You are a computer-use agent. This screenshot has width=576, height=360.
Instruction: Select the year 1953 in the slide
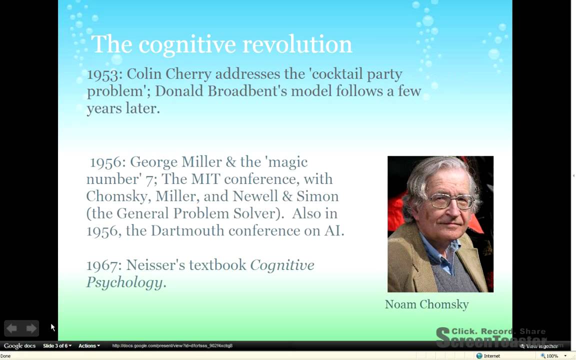pos(104,74)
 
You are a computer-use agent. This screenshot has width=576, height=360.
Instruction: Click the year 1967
pos(103,265)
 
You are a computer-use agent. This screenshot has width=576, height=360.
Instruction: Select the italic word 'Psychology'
pos(124,282)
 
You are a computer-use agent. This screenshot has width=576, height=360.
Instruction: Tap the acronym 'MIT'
pos(205,179)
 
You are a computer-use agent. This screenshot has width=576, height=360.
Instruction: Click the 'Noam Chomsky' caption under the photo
pos(426,304)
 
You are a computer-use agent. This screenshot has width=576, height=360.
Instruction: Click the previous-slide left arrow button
pos(12,328)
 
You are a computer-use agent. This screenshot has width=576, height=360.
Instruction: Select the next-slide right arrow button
pos(31,328)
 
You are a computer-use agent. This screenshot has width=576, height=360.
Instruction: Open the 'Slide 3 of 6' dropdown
pos(57,345)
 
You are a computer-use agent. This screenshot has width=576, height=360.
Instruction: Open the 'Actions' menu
pos(89,345)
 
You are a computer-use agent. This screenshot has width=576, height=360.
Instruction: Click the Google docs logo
pos(19,345)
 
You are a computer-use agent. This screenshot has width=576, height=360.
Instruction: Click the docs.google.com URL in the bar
pos(172,345)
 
